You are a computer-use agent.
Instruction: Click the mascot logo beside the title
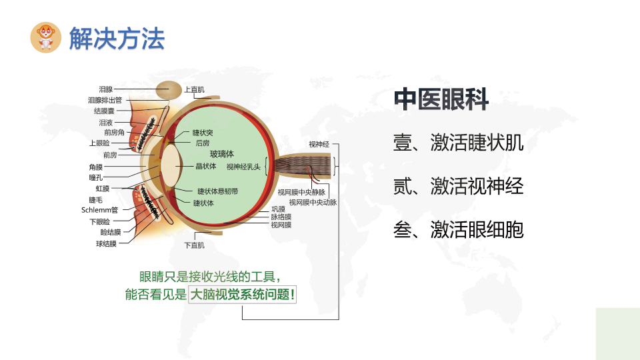46,37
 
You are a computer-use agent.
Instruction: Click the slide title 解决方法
117,39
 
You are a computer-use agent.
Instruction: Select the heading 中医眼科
441,99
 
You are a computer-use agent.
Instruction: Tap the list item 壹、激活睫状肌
459,143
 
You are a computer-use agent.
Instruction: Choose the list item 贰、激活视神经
459,186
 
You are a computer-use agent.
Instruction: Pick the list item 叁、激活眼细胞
459,229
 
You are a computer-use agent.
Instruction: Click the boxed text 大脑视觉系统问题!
243,294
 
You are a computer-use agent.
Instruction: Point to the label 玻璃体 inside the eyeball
221,154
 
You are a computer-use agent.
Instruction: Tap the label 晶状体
206,166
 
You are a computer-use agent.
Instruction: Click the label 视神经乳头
243,167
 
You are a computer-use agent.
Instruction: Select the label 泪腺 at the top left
106,89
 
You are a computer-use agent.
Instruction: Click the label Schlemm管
99,210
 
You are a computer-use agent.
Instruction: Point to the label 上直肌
194,89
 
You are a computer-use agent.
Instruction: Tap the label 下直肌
194,245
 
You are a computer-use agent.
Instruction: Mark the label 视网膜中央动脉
313,203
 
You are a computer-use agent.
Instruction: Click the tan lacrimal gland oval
169,90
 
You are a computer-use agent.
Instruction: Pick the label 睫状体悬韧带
217,191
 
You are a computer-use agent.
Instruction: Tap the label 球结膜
106,244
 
